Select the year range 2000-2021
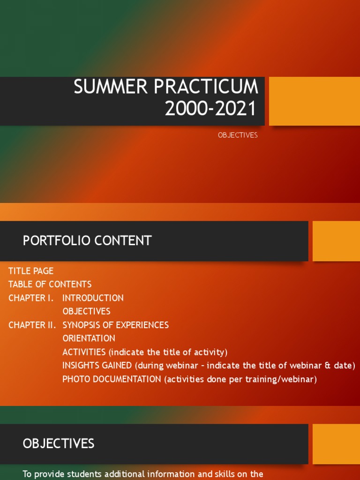coord(210,109)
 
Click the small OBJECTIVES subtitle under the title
coord(238,135)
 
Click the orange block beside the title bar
coord(314,101)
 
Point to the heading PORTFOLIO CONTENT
coord(87,241)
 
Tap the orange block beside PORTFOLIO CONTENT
coord(336,241)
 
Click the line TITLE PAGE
coord(31,271)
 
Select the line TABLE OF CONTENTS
coord(50,285)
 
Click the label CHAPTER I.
coord(31,298)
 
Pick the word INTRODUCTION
coord(93,298)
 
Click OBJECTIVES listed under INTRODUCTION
coord(86,312)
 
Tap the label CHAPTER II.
coord(32,325)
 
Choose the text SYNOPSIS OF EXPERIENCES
coord(116,325)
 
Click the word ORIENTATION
coord(89,338)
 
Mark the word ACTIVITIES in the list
coord(84,352)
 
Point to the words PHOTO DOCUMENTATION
coord(112,379)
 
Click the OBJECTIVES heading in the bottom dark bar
coord(59,443)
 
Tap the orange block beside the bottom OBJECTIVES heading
coord(336,443)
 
